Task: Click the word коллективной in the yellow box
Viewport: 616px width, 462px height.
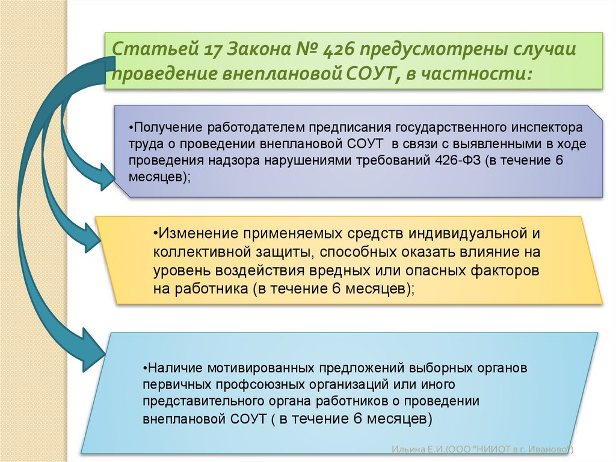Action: coord(194,251)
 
